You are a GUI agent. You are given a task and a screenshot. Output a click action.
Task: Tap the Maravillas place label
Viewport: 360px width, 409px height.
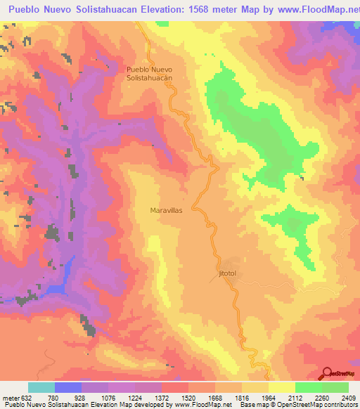point(167,210)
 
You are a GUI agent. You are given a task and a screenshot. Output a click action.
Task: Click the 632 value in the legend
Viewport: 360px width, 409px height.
point(29,396)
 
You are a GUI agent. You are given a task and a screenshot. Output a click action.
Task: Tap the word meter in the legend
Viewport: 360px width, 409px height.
point(11,396)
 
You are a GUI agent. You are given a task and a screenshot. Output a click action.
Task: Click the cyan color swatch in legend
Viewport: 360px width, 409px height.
point(41,387)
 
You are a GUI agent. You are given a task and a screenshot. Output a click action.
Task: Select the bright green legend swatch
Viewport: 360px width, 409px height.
point(335,387)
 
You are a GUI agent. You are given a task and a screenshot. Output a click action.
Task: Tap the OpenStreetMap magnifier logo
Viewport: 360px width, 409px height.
point(328,373)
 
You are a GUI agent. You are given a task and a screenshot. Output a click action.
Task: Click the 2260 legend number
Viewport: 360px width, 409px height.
point(322,396)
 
